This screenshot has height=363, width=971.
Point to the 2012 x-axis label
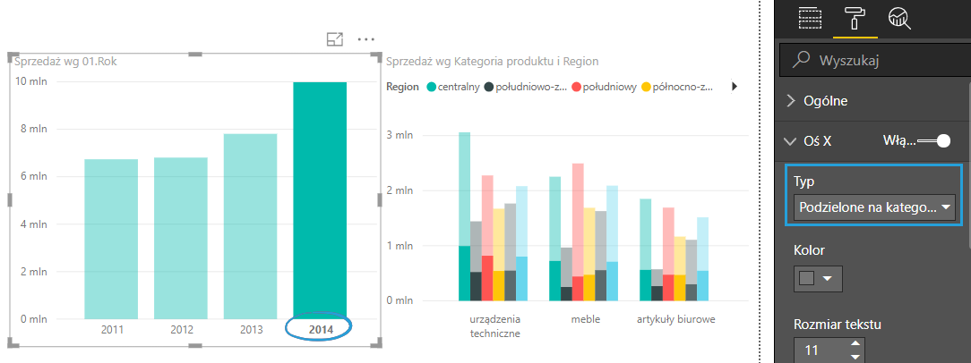pos(181,330)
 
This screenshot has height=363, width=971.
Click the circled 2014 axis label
pos(320,330)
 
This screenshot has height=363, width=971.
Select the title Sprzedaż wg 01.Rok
pos(65,62)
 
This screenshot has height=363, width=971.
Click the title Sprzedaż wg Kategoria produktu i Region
pos(491,62)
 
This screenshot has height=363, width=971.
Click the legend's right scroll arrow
pos(735,87)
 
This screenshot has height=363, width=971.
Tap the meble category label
pos(585,319)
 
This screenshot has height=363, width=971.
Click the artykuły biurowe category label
pos(676,319)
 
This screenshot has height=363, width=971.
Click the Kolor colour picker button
pos(818,279)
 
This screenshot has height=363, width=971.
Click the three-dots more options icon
pos(365,39)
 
